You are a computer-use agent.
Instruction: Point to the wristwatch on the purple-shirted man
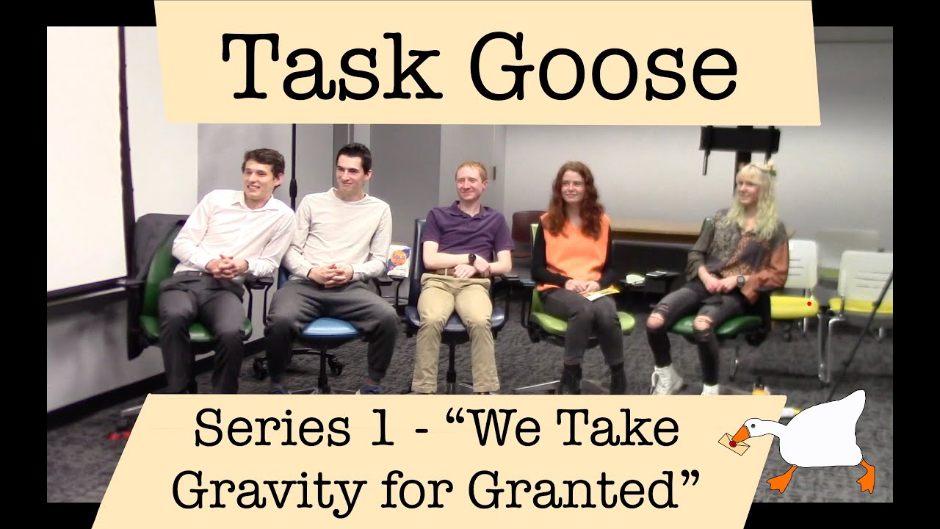click(472, 259)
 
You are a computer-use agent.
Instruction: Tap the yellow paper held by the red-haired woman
click(601, 293)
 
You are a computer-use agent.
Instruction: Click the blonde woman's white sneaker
click(666, 380)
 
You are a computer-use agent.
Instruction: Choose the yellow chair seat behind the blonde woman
click(795, 305)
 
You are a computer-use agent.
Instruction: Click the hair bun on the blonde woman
click(768, 168)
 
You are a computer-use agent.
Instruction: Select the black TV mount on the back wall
click(739, 139)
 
